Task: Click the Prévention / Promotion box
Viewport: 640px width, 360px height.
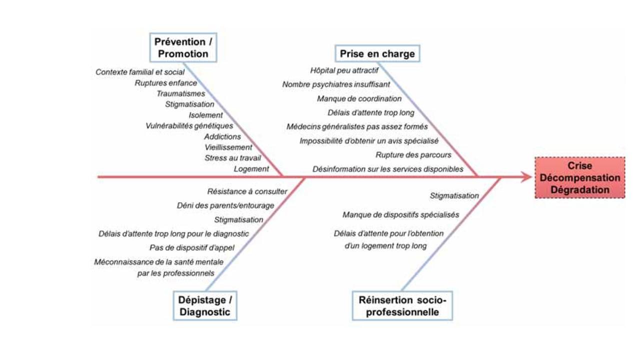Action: point(183,48)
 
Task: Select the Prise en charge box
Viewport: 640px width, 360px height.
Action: point(377,54)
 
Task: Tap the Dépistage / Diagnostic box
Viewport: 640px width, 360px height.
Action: point(204,306)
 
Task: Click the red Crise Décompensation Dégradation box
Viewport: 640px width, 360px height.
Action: point(579,177)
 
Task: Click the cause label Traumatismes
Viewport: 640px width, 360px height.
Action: point(181,93)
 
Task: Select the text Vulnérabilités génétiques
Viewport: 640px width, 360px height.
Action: point(189,125)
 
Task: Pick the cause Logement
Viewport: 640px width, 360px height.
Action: point(251,169)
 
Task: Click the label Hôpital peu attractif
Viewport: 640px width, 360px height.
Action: point(344,70)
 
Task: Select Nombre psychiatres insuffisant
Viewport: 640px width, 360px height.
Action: point(336,84)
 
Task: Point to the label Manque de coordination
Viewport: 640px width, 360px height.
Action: point(359,98)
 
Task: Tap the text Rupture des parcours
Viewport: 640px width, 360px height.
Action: point(413,155)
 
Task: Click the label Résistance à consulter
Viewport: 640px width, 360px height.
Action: point(247,191)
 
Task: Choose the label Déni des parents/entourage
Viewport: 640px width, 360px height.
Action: point(225,205)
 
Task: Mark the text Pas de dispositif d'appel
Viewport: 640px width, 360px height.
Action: point(192,247)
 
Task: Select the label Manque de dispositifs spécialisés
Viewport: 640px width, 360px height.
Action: point(401,215)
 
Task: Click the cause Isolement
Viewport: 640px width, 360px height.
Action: point(206,115)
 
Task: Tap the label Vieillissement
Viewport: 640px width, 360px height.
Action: point(228,147)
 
